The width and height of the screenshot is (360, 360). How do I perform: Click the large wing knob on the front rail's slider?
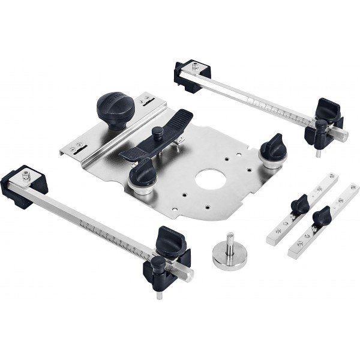169,241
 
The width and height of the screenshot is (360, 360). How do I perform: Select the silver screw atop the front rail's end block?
26,175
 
